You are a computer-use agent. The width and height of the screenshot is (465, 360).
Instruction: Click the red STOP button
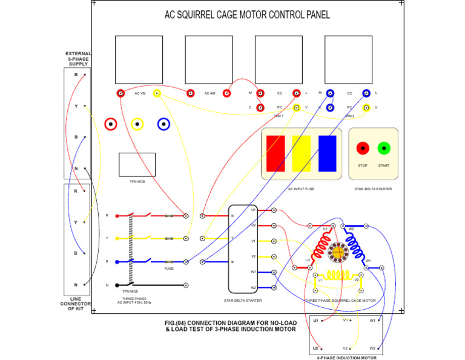[x=363, y=148]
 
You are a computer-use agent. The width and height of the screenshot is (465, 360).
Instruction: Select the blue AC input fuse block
[x=327, y=154]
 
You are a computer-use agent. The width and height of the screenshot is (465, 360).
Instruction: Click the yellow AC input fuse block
[x=301, y=154]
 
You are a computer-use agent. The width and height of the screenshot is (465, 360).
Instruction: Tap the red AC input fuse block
[x=275, y=154]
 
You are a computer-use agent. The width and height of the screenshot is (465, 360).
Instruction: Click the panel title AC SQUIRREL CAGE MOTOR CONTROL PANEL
[x=247, y=15]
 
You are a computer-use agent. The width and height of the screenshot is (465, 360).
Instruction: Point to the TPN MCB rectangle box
[x=137, y=164]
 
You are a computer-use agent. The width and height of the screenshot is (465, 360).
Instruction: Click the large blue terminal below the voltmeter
[x=163, y=124]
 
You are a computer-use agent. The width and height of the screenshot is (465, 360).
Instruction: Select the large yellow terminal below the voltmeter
[x=137, y=124]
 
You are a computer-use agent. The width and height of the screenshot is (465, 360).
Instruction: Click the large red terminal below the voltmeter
[x=111, y=124]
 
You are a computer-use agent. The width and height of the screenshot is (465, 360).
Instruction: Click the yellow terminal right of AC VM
[x=157, y=93]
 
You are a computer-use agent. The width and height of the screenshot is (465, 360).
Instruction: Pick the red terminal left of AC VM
[x=121, y=93]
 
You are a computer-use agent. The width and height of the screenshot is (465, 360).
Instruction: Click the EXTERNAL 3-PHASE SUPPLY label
[x=77, y=59]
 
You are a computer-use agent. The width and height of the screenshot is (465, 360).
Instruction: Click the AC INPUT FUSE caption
[x=301, y=189]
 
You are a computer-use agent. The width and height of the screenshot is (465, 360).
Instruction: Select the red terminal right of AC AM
[x=227, y=93]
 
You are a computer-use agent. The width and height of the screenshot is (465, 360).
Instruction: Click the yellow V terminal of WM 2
[x=366, y=108]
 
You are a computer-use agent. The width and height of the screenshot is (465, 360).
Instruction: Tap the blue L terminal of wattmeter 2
[x=366, y=93]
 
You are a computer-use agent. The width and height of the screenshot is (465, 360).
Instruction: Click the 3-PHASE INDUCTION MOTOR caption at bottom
[x=347, y=358]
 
